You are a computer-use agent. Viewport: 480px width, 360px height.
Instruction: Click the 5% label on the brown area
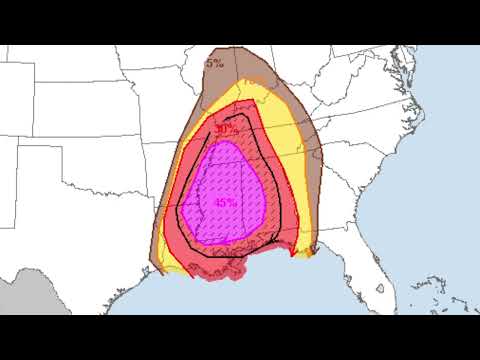click(215, 62)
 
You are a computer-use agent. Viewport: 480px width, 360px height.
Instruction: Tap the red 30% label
click(226, 129)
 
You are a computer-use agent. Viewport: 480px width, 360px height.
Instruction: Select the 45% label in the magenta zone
click(226, 201)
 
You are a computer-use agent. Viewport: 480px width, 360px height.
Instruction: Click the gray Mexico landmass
click(25, 300)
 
